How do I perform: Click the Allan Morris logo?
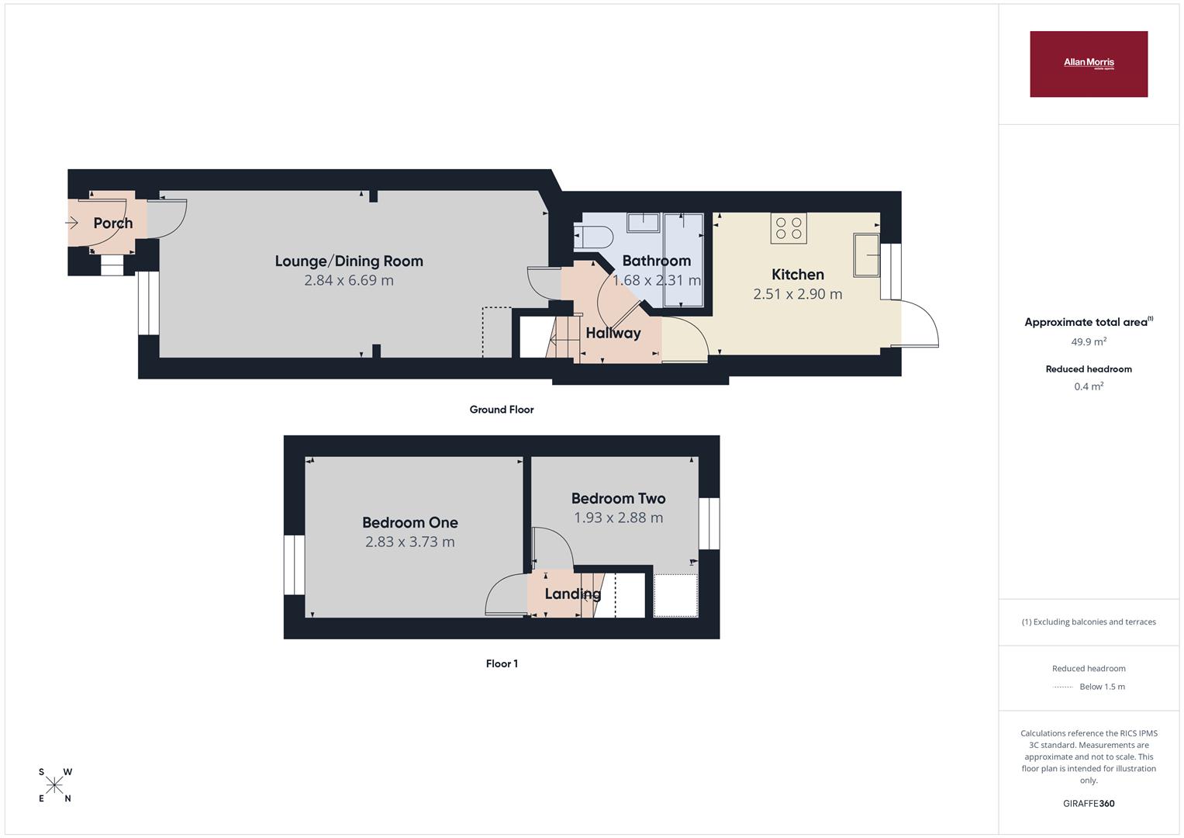(x=1089, y=64)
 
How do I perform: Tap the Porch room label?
(x=113, y=223)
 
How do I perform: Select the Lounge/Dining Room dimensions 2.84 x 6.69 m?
(x=349, y=280)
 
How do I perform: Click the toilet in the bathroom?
(x=593, y=237)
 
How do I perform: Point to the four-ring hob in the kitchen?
(x=789, y=228)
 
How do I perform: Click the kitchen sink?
(x=866, y=255)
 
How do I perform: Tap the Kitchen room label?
(x=798, y=275)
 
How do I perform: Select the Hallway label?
(x=613, y=334)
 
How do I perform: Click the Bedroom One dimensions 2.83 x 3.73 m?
(x=410, y=542)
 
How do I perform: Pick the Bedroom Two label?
(x=619, y=498)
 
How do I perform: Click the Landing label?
(x=573, y=594)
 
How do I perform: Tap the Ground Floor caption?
(x=502, y=410)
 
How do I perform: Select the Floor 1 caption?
(x=502, y=663)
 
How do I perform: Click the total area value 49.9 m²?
(x=1089, y=341)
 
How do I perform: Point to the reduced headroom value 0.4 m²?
(x=1089, y=386)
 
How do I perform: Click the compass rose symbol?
(x=54, y=785)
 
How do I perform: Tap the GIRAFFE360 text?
(x=1089, y=804)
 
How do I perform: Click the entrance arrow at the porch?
(x=72, y=223)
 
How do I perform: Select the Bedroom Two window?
(x=709, y=524)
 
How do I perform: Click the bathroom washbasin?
(x=644, y=223)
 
